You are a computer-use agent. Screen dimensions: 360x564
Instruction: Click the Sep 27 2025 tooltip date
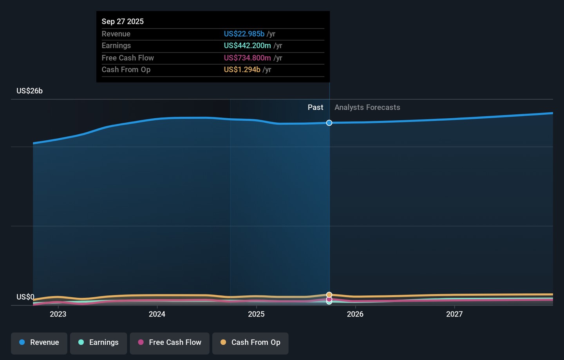[x=123, y=22]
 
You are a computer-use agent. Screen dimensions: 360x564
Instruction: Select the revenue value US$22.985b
[x=244, y=34]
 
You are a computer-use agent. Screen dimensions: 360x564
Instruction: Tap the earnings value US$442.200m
[x=247, y=46]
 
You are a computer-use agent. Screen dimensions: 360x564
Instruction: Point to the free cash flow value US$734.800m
[x=247, y=58]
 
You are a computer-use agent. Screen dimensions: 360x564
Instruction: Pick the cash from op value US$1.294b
[x=242, y=70]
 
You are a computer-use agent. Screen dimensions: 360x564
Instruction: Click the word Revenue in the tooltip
[x=116, y=34]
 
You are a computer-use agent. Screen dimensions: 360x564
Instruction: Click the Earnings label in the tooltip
[x=116, y=46]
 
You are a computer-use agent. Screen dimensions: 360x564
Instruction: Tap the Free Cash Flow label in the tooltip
[x=128, y=58]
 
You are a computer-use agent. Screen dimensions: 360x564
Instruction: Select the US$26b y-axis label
[x=29, y=91]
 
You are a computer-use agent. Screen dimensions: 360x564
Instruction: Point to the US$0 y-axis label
[x=25, y=297]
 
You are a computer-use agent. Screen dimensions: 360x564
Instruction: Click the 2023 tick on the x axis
[x=58, y=314]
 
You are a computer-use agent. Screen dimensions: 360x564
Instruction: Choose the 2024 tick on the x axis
[x=157, y=314]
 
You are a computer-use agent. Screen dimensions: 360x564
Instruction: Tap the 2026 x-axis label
[x=355, y=314]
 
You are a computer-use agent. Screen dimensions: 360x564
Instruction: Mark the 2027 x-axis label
[x=454, y=314]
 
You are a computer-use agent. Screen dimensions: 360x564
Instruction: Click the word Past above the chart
[x=315, y=107]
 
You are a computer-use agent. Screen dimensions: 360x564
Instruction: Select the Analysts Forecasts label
[x=367, y=107]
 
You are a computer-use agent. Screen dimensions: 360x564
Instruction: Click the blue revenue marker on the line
[x=329, y=123]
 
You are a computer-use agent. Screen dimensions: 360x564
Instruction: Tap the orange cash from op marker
[x=329, y=295]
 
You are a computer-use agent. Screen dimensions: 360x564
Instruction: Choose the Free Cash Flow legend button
[x=170, y=343]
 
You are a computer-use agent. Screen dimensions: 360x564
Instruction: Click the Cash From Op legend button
[x=250, y=343]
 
